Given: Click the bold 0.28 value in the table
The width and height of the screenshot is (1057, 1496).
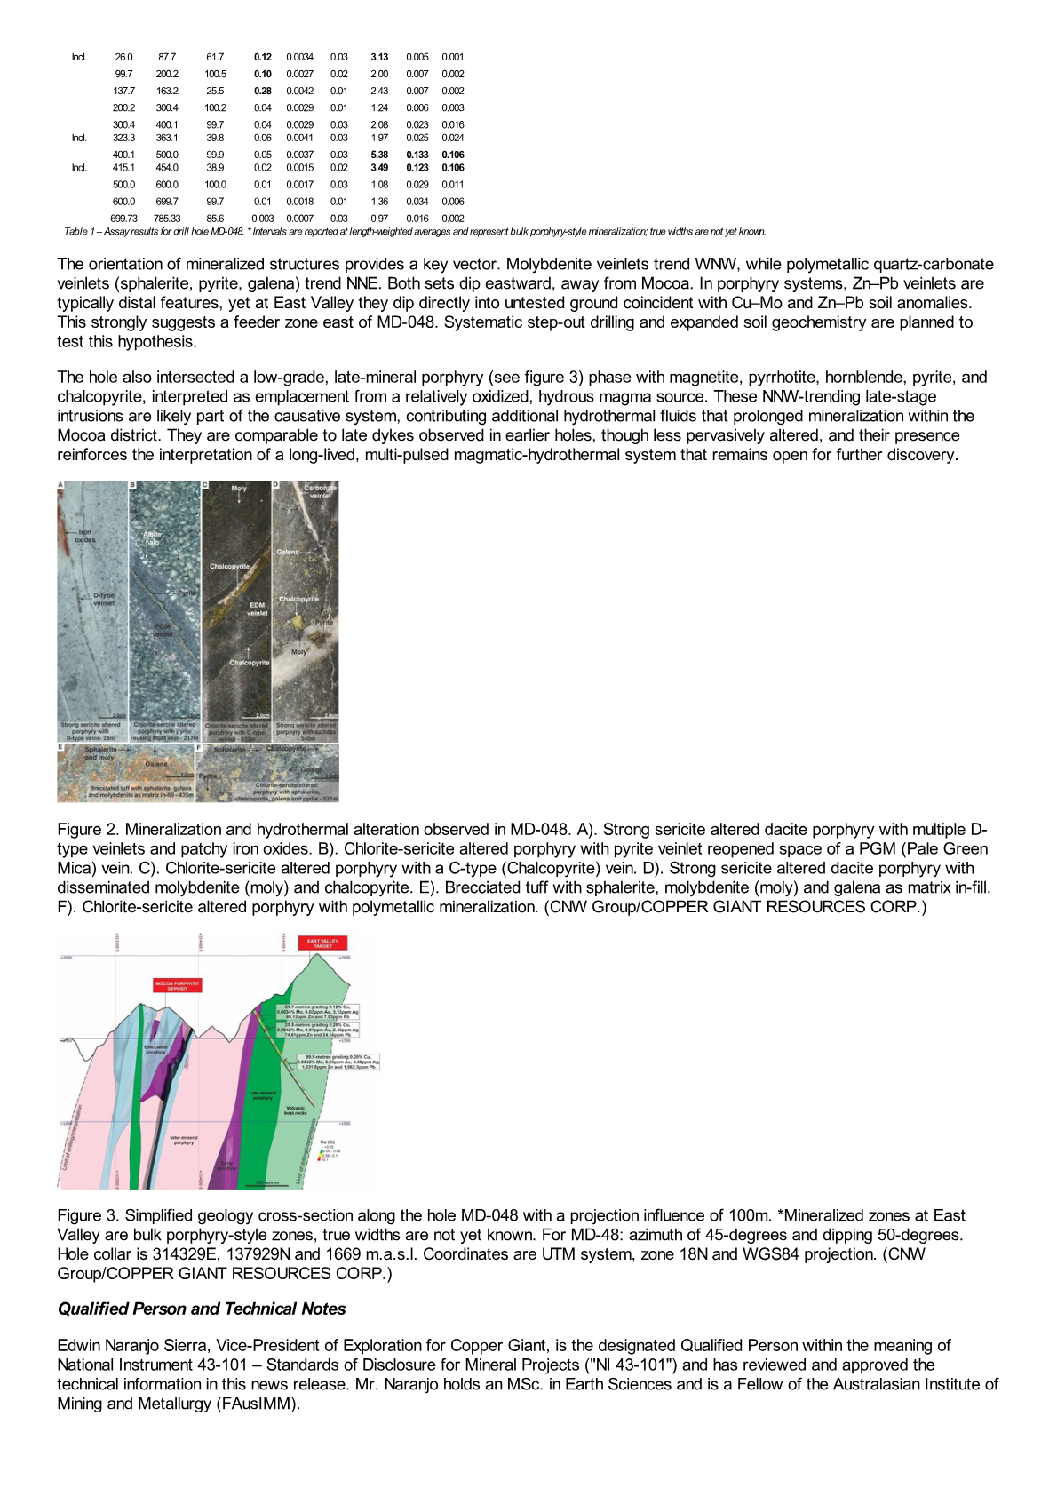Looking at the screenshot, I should coord(262,91).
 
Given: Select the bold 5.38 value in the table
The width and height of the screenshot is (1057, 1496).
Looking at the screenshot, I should coord(379,155).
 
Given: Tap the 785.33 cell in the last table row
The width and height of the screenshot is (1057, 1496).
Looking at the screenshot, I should coord(167,219).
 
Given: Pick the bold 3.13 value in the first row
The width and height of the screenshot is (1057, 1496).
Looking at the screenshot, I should coord(379,57).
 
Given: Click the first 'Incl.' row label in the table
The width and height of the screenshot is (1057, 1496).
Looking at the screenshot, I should coord(80,57).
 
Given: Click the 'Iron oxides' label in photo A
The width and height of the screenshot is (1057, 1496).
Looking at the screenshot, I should coord(84,536).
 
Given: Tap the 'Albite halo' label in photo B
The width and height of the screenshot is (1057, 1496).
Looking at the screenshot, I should coord(153,538).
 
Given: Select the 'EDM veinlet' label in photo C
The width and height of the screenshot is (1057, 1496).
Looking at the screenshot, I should coord(257,609).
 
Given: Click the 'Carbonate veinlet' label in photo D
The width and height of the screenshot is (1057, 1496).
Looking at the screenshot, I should coord(320,491).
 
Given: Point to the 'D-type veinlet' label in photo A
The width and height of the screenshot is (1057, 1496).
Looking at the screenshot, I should coord(104,599).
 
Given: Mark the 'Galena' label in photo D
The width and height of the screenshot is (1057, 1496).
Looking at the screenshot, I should coord(288,552).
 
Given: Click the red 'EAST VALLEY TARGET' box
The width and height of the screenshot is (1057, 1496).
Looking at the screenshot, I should coord(322,943).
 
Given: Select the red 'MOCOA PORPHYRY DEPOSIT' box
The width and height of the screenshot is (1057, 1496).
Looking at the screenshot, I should coord(178,985).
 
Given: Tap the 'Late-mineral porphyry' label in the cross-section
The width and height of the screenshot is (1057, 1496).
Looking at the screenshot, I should coord(262,1095).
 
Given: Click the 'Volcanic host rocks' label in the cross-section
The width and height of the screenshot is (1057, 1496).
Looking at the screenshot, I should coord(295,1110).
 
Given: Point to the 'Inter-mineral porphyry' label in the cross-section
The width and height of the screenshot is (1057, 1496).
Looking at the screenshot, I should coord(184,1140).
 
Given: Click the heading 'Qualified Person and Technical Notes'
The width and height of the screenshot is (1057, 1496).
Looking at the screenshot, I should coord(202,1309).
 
